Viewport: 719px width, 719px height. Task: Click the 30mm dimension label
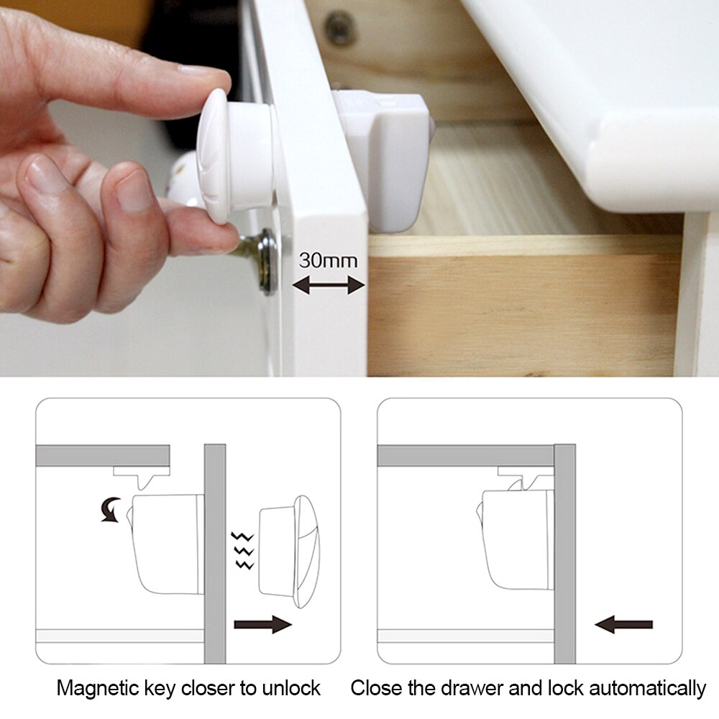coord(328,260)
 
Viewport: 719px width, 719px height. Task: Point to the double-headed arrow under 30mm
coord(329,285)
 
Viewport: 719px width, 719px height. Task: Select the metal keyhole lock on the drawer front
coord(259,260)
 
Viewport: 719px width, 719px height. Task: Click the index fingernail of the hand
coord(198,70)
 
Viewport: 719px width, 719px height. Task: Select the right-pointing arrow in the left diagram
coord(262,624)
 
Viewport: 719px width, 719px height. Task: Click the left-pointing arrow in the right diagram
coord(623,624)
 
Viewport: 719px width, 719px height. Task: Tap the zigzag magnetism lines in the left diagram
coord(242,550)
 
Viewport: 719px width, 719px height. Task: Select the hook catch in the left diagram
coord(142,477)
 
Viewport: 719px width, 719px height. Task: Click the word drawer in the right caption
coord(468,688)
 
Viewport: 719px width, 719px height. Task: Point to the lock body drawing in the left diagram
coord(167,544)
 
